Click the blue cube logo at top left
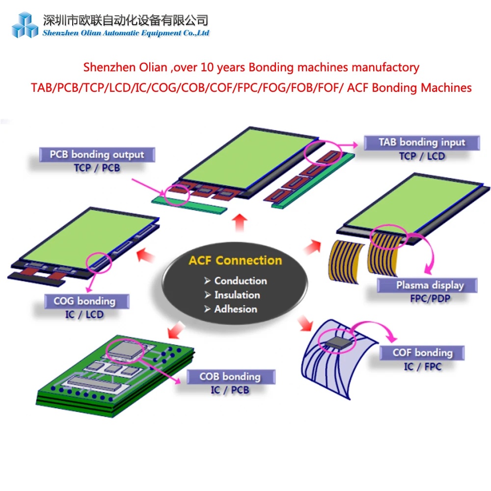coord(25,25)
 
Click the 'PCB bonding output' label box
coord(97,155)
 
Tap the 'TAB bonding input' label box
coord(421,142)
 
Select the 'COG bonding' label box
coord(84,301)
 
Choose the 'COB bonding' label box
coord(230,377)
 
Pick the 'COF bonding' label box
coord(422,353)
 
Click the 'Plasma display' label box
coord(430,285)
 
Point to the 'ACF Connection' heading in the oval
coord(235,260)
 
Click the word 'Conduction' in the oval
coord(241,281)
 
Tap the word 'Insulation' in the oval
coord(237,295)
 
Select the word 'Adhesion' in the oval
coord(236,309)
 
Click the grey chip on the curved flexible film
coord(338,342)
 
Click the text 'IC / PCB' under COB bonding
coord(230,390)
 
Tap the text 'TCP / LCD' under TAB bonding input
coord(422,156)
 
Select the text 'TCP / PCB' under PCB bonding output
coord(97,168)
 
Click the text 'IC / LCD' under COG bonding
coord(84,314)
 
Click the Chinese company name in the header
coord(126,20)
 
